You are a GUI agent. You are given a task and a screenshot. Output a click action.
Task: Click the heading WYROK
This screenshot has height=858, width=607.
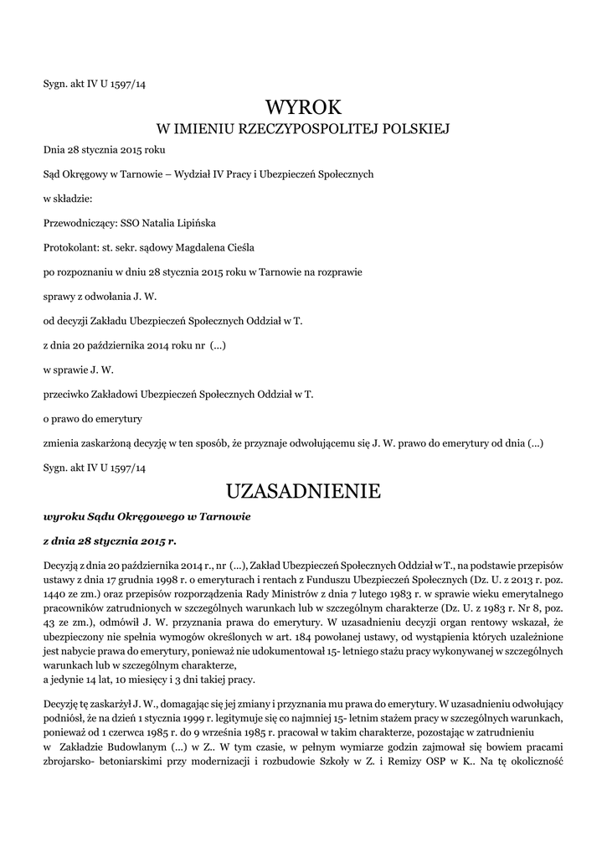pos(303,106)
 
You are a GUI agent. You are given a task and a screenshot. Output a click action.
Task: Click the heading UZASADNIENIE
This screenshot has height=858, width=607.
pos(303,491)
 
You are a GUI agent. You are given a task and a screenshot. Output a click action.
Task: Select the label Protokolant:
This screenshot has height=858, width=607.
pos(70,248)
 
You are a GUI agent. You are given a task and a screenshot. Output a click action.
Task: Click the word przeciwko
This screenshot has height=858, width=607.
pos(67,394)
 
